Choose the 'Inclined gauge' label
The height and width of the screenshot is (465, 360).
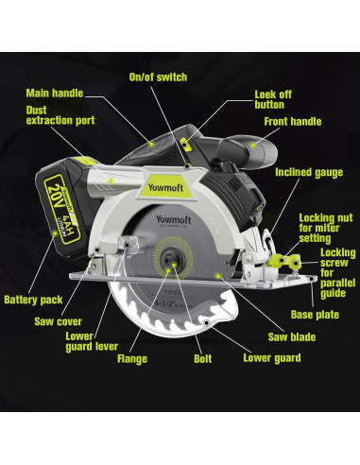pos(307,174)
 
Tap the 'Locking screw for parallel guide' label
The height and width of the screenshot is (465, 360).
pos(337,272)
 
